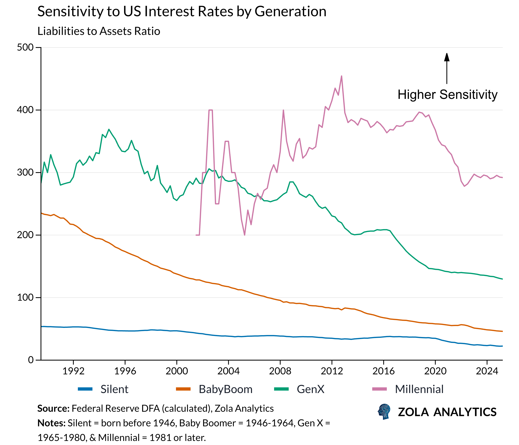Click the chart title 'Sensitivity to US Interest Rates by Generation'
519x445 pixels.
[182, 12]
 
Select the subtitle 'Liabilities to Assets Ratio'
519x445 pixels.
[99, 31]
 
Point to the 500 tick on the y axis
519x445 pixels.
[25, 48]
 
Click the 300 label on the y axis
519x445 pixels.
[25, 173]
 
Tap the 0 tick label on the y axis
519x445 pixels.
[31, 360]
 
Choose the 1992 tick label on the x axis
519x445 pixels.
[73, 371]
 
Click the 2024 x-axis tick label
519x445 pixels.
[487, 371]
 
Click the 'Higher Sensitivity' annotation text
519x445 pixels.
[447, 95]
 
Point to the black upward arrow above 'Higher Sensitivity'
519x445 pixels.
[447, 68]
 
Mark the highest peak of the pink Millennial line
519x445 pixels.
[342, 76]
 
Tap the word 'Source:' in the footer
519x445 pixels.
[53, 408]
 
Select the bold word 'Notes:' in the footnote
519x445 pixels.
[51, 423]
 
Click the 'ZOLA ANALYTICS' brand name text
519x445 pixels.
[447, 412]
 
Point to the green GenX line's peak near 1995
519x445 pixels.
[109, 130]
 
